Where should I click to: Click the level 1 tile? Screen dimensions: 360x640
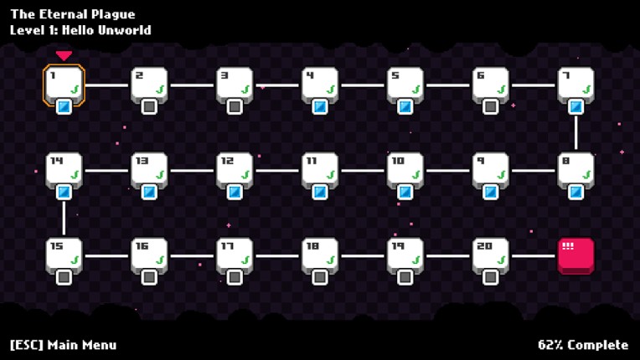point(64,84)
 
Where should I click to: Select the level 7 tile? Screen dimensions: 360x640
point(575,84)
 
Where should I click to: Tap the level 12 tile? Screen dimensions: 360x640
point(235,169)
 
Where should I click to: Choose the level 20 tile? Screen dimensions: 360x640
point(490,255)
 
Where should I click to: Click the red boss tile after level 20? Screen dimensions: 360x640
point(575,255)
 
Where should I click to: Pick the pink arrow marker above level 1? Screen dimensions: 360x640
point(64,56)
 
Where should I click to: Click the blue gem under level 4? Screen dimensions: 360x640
point(320,106)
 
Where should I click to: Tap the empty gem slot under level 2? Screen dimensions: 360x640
point(149,106)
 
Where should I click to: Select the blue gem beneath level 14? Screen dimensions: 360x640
point(64,192)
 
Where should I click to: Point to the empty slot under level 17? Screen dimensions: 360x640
point(235,277)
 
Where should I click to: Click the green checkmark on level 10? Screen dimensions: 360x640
point(415,174)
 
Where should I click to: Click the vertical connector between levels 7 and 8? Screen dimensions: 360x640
point(575,132)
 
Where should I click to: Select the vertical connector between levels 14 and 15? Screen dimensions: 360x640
point(64,218)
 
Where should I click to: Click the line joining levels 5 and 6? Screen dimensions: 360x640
point(447,85)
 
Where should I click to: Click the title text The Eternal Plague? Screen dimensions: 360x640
point(72,14)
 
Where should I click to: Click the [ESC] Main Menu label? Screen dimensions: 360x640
point(63,345)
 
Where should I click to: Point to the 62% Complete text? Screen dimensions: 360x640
point(583,345)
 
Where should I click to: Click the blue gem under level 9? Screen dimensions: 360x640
point(490,192)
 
